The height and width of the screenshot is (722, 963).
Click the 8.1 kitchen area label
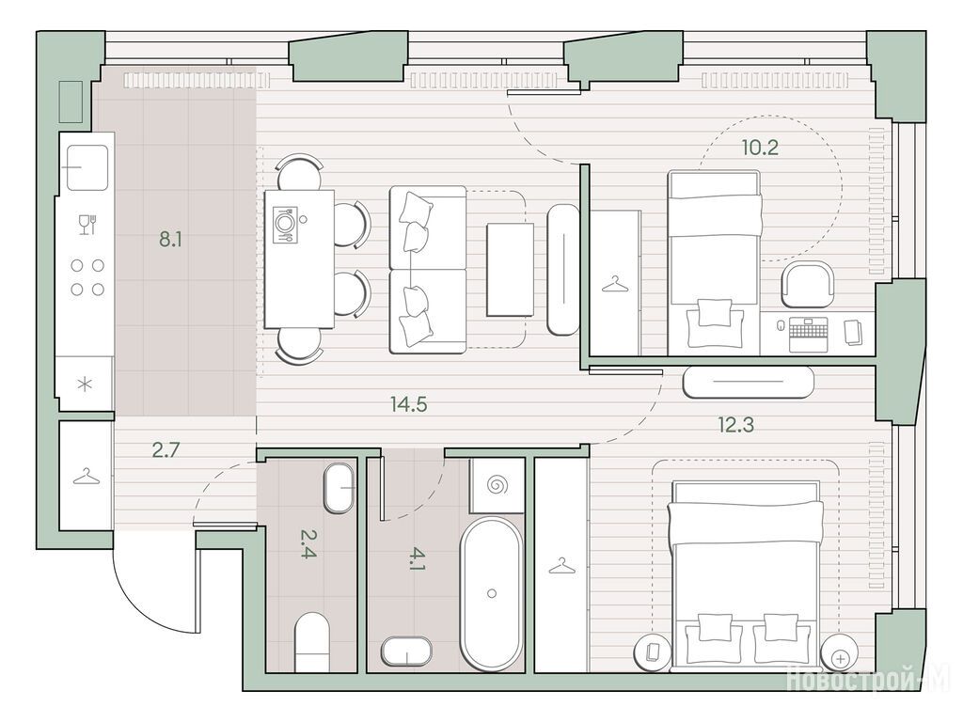[x=170, y=239]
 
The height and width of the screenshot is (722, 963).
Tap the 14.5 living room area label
[x=408, y=404]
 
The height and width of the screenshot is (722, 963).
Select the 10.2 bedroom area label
[x=760, y=148]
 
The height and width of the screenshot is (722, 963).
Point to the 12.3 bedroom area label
[x=735, y=424]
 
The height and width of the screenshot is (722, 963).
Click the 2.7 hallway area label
[x=166, y=450]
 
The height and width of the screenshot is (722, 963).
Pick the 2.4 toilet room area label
[x=308, y=543]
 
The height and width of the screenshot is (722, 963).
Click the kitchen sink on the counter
[x=87, y=167]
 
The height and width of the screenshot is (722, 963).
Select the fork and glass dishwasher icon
[x=87, y=224]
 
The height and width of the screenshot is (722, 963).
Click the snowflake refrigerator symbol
[x=85, y=385]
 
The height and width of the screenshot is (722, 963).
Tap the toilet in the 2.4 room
[x=312, y=641]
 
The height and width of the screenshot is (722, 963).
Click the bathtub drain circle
[x=491, y=593]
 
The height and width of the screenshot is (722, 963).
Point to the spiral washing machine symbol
[x=497, y=485]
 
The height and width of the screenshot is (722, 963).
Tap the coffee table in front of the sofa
[x=510, y=270]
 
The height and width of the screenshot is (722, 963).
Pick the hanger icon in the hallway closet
[x=86, y=477]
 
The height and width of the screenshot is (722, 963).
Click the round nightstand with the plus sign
[x=840, y=658]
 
